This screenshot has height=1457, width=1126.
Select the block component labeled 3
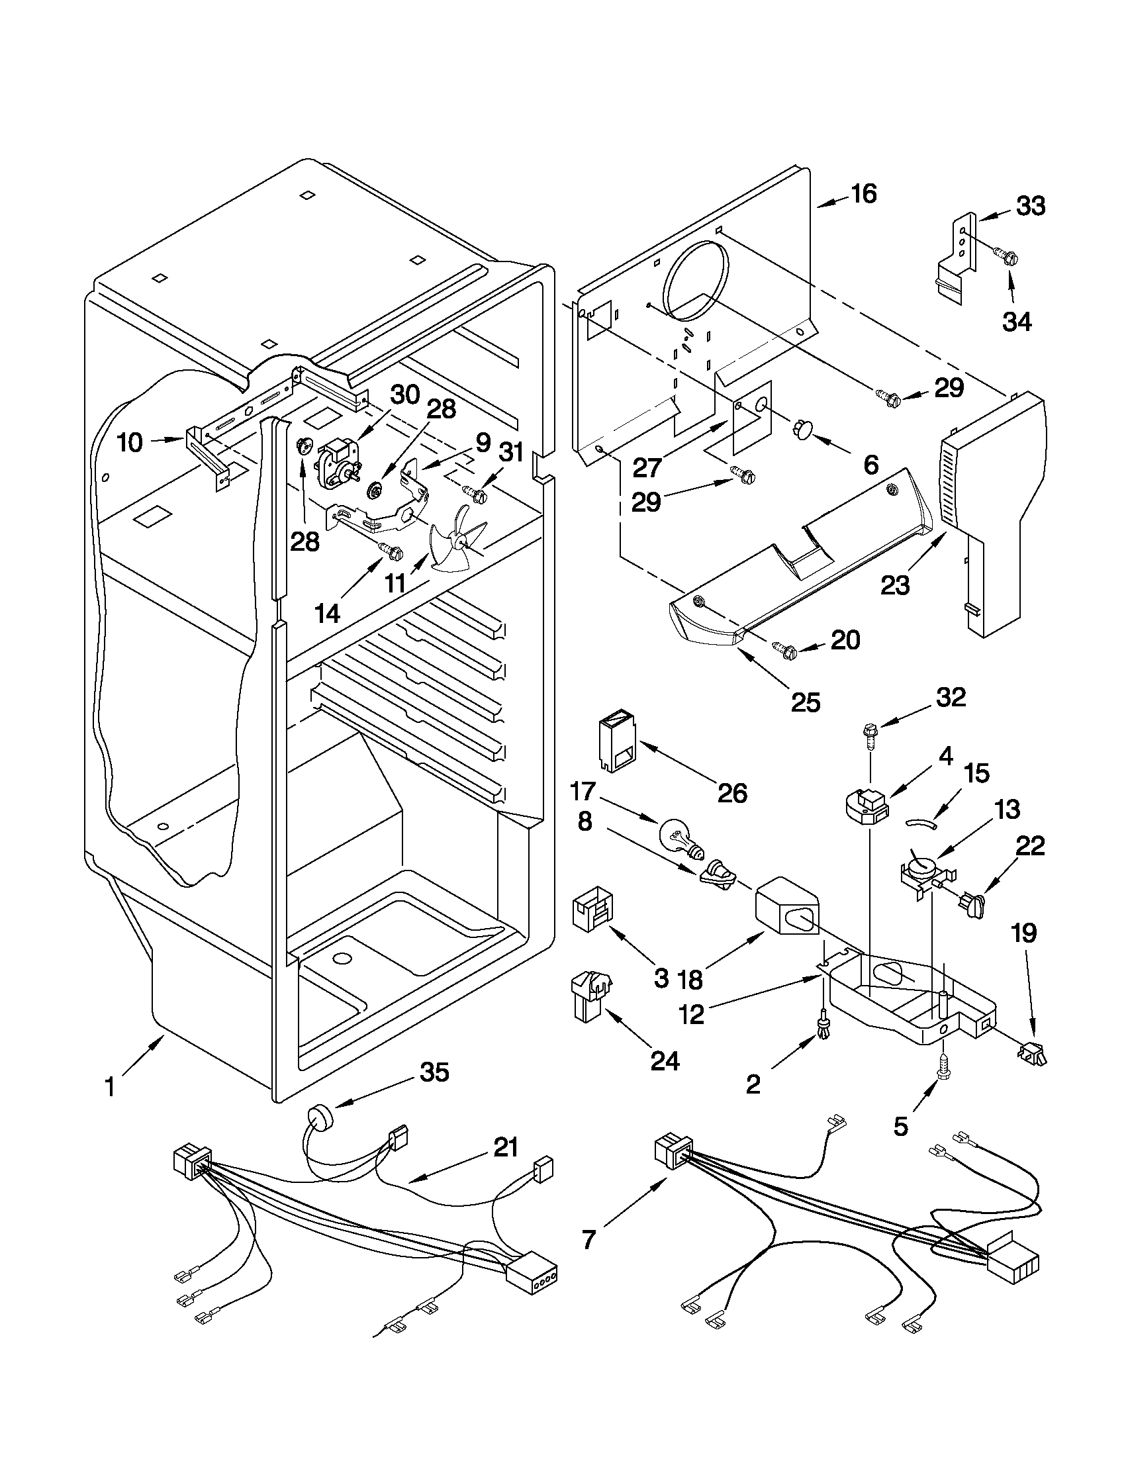coord(590,908)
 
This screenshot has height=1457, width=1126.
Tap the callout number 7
coord(588,1239)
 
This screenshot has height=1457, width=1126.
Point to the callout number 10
coord(131,443)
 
